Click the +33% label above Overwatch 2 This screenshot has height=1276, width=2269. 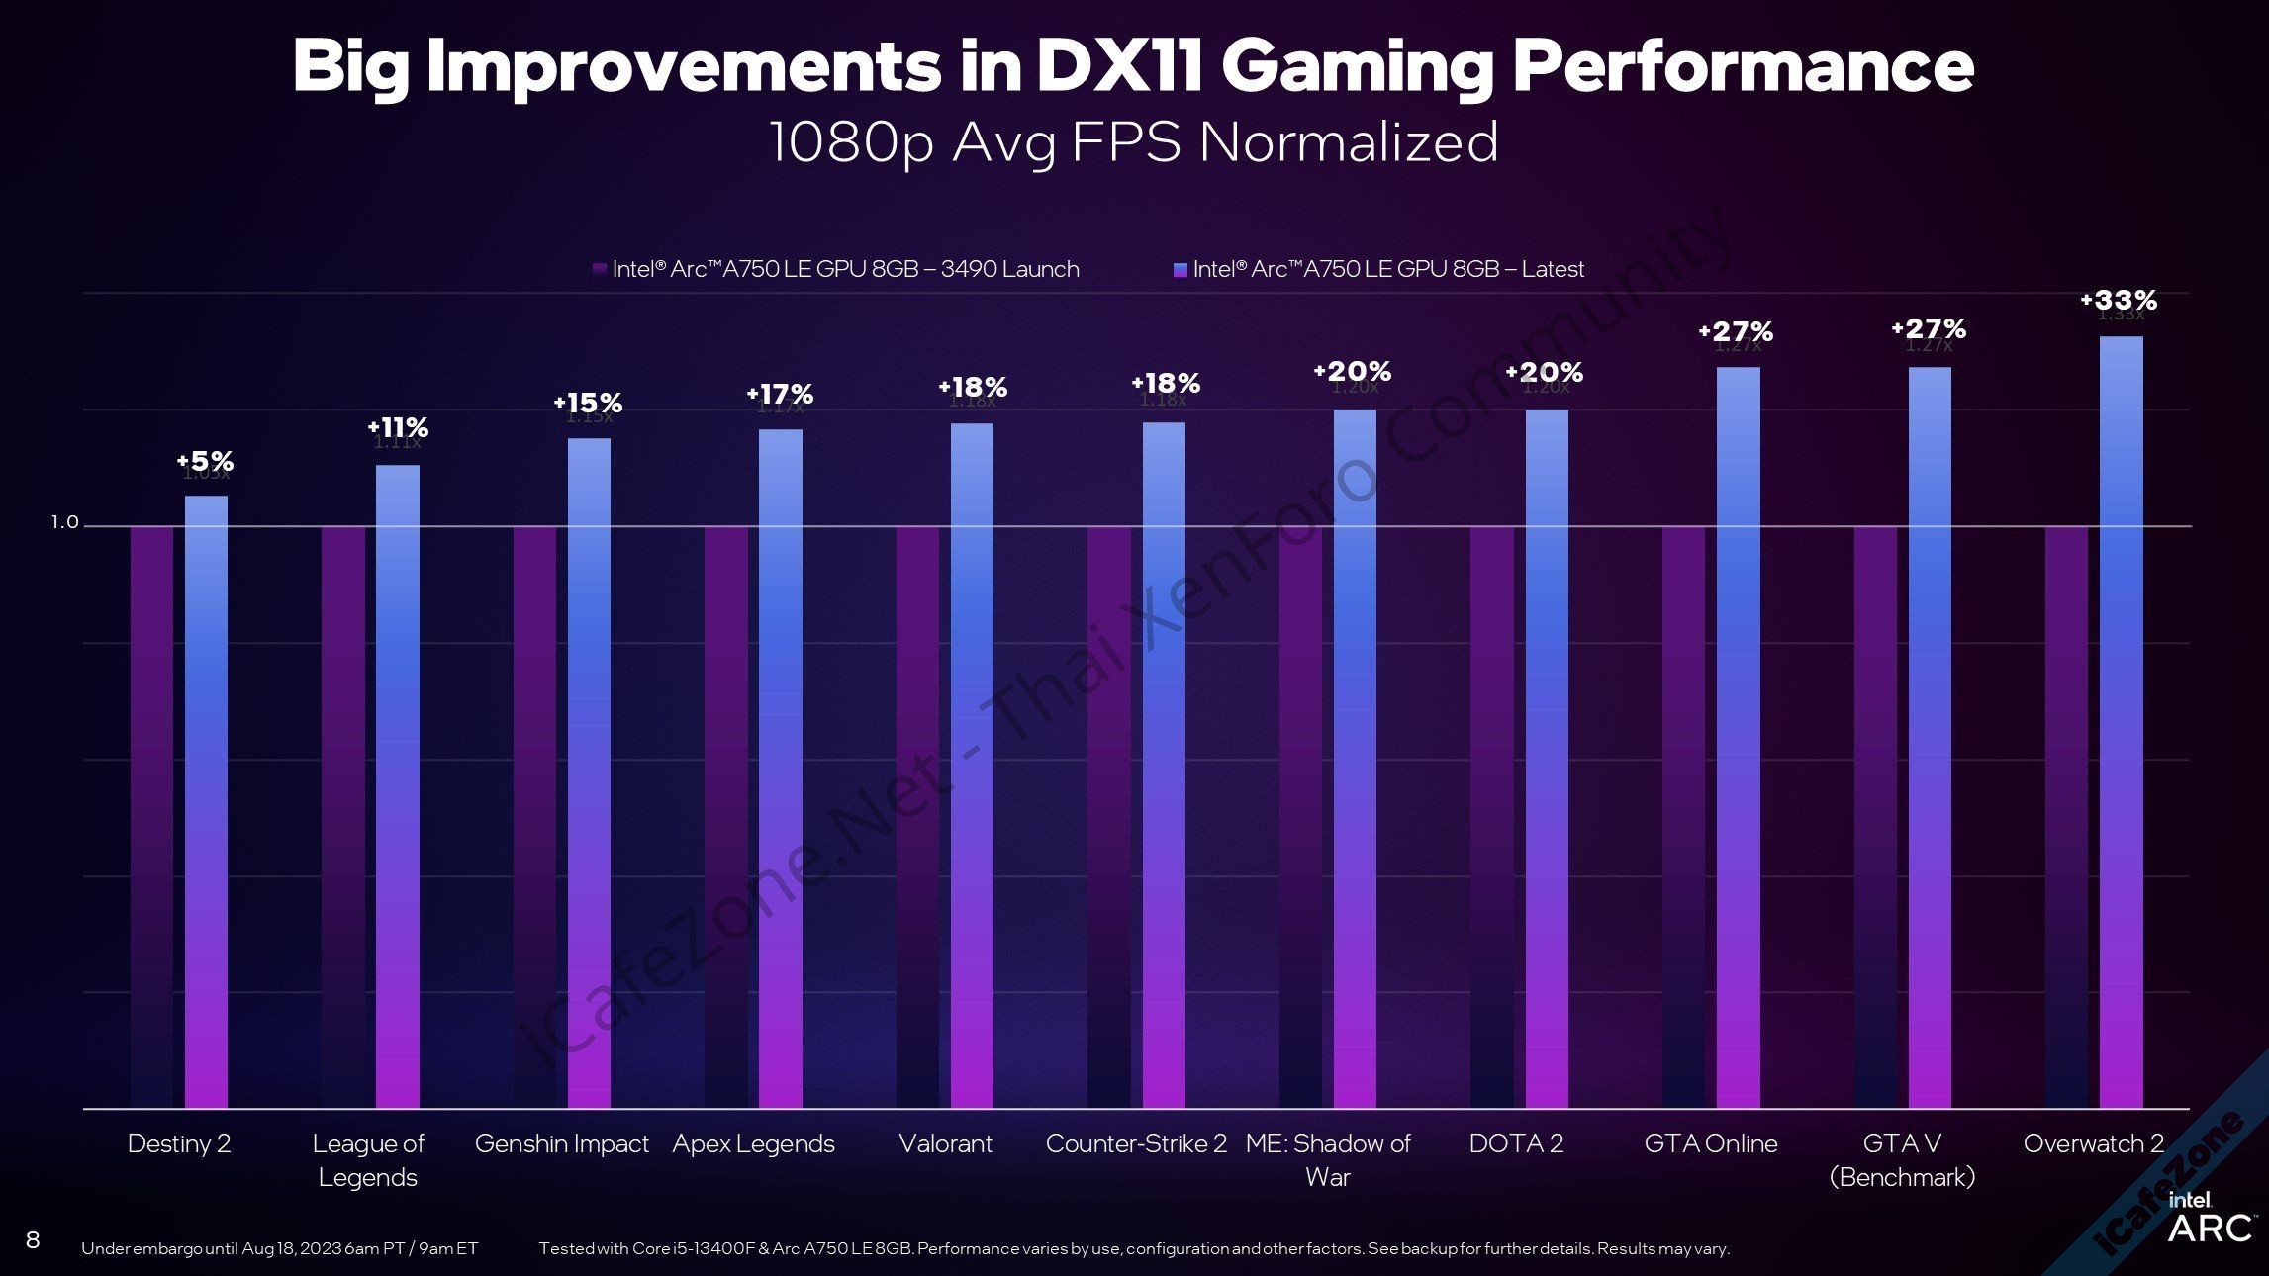pyautogui.click(x=2119, y=300)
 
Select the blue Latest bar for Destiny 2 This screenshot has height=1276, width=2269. pyautogui.click(x=206, y=801)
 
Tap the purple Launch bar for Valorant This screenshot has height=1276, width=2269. pyautogui.click(x=917, y=816)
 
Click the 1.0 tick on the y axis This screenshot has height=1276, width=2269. pyautogui.click(x=64, y=522)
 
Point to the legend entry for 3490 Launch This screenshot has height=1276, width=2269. pyautogui.click(x=836, y=269)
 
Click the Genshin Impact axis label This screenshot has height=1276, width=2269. pyautogui.click(x=561, y=1143)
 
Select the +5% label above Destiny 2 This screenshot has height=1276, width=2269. pyautogui.click(x=205, y=461)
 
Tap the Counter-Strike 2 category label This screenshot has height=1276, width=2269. pyautogui.click(x=1136, y=1143)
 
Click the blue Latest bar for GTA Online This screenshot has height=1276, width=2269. pyautogui.click(x=1738, y=737)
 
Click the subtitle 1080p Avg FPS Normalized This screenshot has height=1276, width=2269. pyautogui.click(x=1134, y=141)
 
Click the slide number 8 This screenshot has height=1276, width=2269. pyautogui.click(x=33, y=1240)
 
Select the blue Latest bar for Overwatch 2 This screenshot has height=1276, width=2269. pyautogui.click(x=2121, y=722)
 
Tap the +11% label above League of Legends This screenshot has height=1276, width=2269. pyautogui.click(x=398, y=427)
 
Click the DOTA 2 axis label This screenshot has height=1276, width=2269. pyautogui.click(x=1516, y=1143)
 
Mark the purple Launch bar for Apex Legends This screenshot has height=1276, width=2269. pyautogui.click(x=725, y=816)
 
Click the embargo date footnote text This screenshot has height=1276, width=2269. pyautogui.click(x=279, y=1248)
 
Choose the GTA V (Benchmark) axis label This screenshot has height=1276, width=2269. pyautogui.click(x=1902, y=1159)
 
